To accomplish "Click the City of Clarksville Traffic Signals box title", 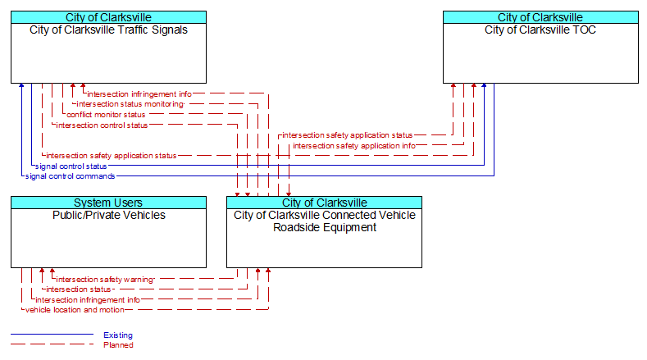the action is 108,30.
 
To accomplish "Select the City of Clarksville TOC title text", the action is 540,30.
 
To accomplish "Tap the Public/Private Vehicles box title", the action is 109,215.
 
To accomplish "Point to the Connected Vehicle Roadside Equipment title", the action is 325,221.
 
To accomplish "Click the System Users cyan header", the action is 108,203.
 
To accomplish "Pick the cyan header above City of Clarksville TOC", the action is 540,17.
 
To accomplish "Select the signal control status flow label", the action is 71,166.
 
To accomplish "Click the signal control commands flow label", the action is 71,176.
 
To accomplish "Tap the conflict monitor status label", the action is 106,115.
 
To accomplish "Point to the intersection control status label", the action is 102,125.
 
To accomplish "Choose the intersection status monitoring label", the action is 130,104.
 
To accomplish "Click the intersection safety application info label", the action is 354,146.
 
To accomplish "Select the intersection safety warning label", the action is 105,280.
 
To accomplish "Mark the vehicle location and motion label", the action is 75,310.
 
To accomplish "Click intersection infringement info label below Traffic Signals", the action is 139,94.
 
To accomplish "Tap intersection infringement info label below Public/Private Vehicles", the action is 88,299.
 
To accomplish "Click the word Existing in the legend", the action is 118,335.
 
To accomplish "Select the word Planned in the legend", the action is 118,345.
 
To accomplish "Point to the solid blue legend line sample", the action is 52,334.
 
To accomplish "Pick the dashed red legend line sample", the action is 52,344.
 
